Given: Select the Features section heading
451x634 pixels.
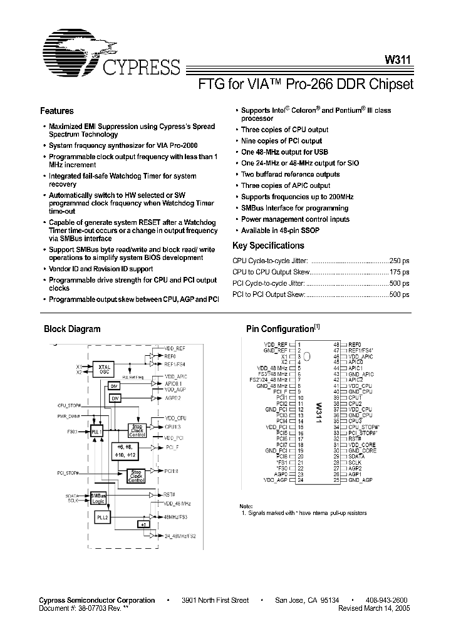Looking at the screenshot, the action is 56,111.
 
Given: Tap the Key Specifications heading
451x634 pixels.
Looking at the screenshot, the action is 268,246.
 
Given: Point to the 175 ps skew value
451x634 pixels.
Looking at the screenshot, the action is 399,272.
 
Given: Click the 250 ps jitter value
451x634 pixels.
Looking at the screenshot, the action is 399,261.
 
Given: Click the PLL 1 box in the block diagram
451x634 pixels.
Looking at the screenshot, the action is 96,432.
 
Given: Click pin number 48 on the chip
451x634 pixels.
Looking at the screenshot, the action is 336,345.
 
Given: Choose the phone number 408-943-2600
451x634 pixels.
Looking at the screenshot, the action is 386,600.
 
